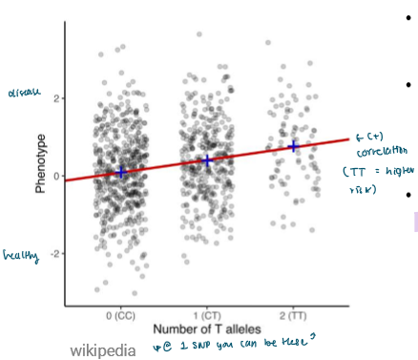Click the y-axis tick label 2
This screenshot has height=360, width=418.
coord(56,98)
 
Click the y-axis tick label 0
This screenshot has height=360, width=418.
coord(56,176)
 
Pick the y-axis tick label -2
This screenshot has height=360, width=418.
coord(54,254)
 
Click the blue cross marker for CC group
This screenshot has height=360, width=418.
coord(121,172)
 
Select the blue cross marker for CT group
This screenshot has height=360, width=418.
coord(207,159)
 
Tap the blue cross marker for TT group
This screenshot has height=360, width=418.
coord(293,146)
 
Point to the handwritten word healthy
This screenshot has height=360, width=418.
coord(19,256)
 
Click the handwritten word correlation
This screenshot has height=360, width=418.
coord(379,151)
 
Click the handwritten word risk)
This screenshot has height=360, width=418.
coord(366,190)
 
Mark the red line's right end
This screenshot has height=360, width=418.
coord(348,139)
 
